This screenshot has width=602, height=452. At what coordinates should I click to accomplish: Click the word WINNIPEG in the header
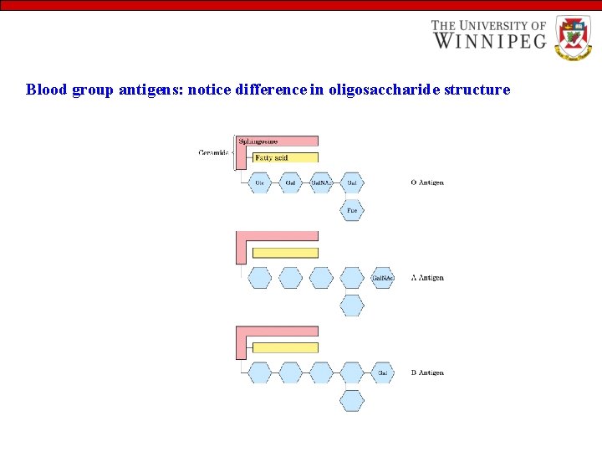(x=488, y=40)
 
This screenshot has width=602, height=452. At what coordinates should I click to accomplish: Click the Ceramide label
(x=214, y=152)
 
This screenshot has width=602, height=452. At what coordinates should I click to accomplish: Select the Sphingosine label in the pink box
(x=258, y=141)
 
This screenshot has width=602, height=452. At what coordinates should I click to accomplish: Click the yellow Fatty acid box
(x=284, y=157)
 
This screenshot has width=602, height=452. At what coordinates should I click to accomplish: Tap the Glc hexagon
(x=260, y=182)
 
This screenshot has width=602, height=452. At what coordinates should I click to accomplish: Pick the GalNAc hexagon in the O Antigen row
(x=321, y=182)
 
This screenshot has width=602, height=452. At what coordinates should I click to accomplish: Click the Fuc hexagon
(x=352, y=210)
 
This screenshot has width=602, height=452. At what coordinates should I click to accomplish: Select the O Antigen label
(x=427, y=182)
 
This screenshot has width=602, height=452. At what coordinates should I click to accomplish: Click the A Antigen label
(x=427, y=278)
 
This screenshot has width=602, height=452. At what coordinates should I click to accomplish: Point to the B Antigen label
(x=427, y=372)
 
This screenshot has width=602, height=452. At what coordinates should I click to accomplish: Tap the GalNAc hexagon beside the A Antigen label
(x=382, y=278)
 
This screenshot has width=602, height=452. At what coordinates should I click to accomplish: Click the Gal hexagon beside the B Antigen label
(x=382, y=372)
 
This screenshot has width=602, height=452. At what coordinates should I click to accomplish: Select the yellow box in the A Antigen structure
(x=285, y=253)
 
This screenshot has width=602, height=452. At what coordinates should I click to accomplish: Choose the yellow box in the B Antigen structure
(x=285, y=347)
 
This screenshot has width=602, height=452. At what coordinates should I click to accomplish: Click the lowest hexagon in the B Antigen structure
(x=352, y=400)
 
